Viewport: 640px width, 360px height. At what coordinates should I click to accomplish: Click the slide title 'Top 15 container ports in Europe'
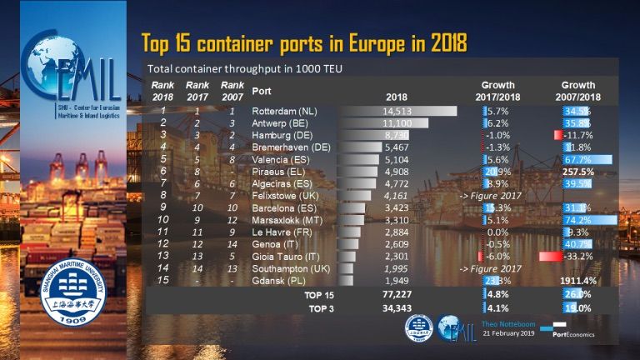pos(303,42)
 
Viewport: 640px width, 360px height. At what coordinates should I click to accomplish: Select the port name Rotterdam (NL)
pos(281,111)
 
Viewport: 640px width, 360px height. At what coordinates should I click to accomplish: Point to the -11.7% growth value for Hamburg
pos(575,135)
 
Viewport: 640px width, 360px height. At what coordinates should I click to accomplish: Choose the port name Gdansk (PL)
pos(277,281)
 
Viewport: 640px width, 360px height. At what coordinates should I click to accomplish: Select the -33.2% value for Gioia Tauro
pos(575,257)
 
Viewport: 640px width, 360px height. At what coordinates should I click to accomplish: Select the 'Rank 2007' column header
pos(232,90)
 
